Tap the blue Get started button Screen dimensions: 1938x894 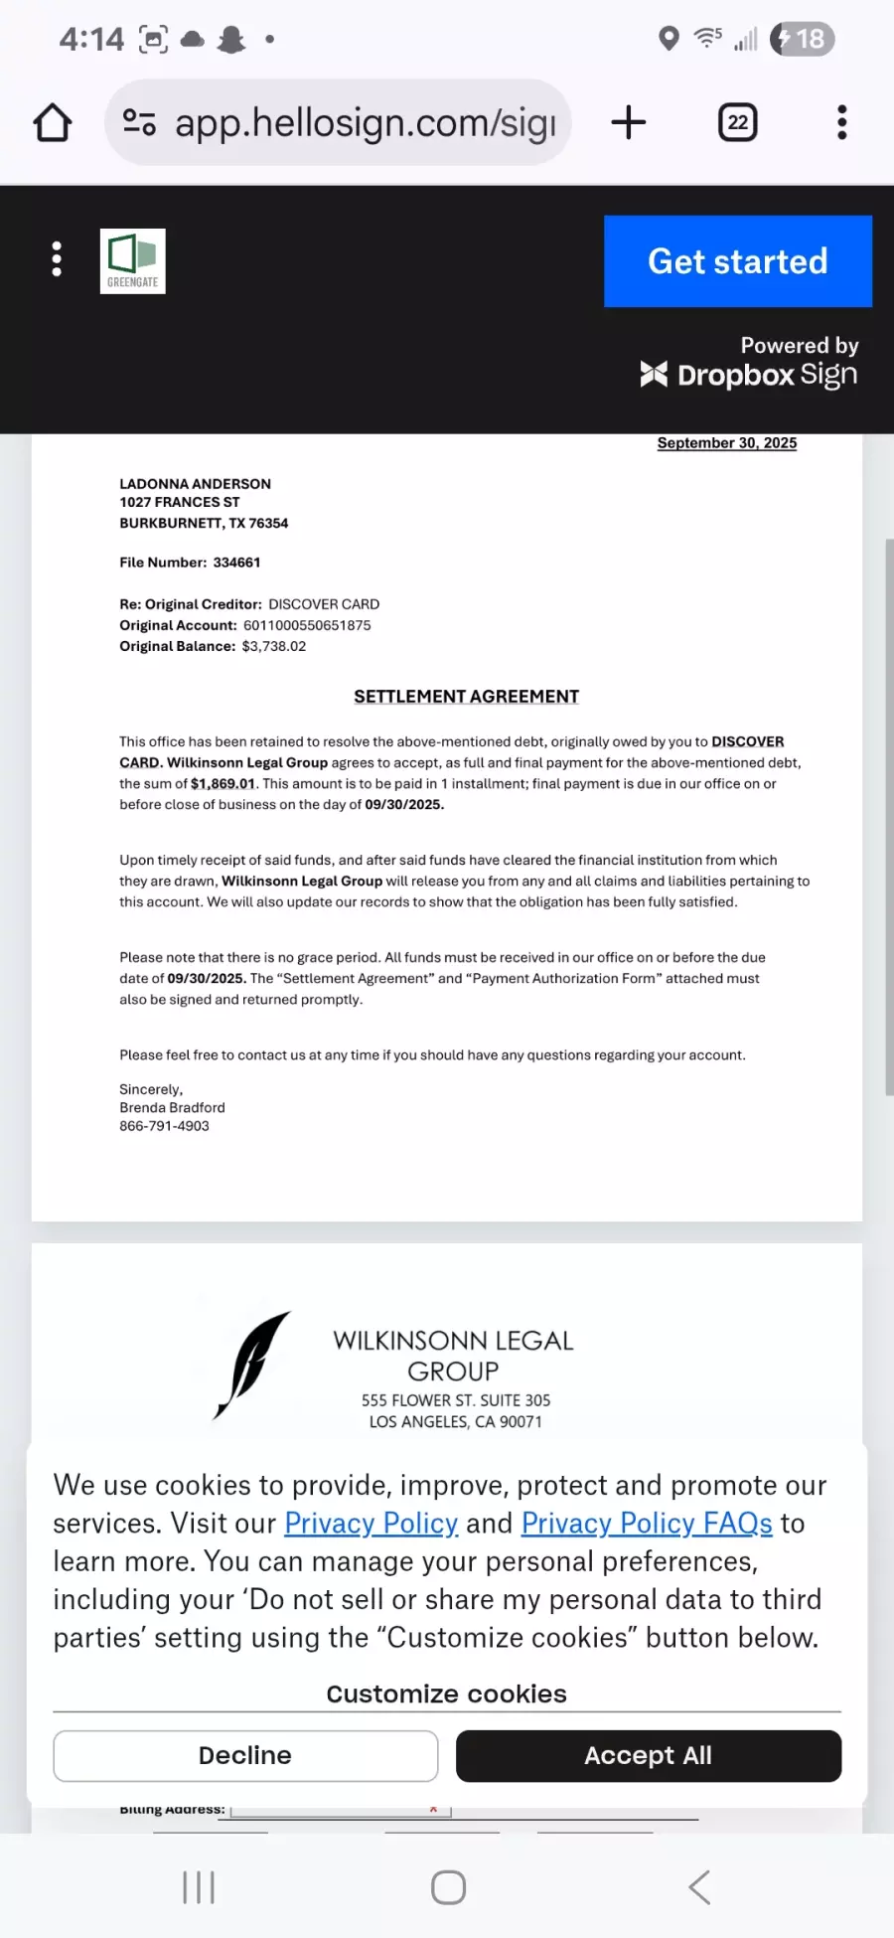click(x=737, y=261)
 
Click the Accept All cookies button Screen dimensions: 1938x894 click(x=648, y=1756)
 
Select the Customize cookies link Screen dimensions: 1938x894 click(x=446, y=1694)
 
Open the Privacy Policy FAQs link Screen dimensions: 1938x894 click(x=647, y=1524)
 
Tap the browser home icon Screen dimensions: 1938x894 click(x=53, y=123)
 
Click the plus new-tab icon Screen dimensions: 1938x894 click(x=628, y=123)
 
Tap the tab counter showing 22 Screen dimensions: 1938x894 click(x=737, y=123)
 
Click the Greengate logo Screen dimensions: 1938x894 click(x=133, y=261)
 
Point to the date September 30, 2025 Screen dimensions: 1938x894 click(x=726, y=443)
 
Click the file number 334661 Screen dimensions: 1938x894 click(x=236, y=563)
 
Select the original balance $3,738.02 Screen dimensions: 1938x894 click(x=274, y=646)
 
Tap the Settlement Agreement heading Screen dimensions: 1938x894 click(x=466, y=697)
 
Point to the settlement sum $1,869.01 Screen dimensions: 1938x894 click(x=223, y=784)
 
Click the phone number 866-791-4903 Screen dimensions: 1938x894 click(x=164, y=1126)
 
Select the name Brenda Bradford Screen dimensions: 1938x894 click(x=172, y=1107)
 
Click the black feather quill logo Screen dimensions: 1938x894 click(x=252, y=1365)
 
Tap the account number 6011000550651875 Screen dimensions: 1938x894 click(x=307, y=625)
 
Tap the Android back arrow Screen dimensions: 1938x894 click(x=699, y=1886)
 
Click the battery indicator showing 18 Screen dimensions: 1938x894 click(x=803, y=39)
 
